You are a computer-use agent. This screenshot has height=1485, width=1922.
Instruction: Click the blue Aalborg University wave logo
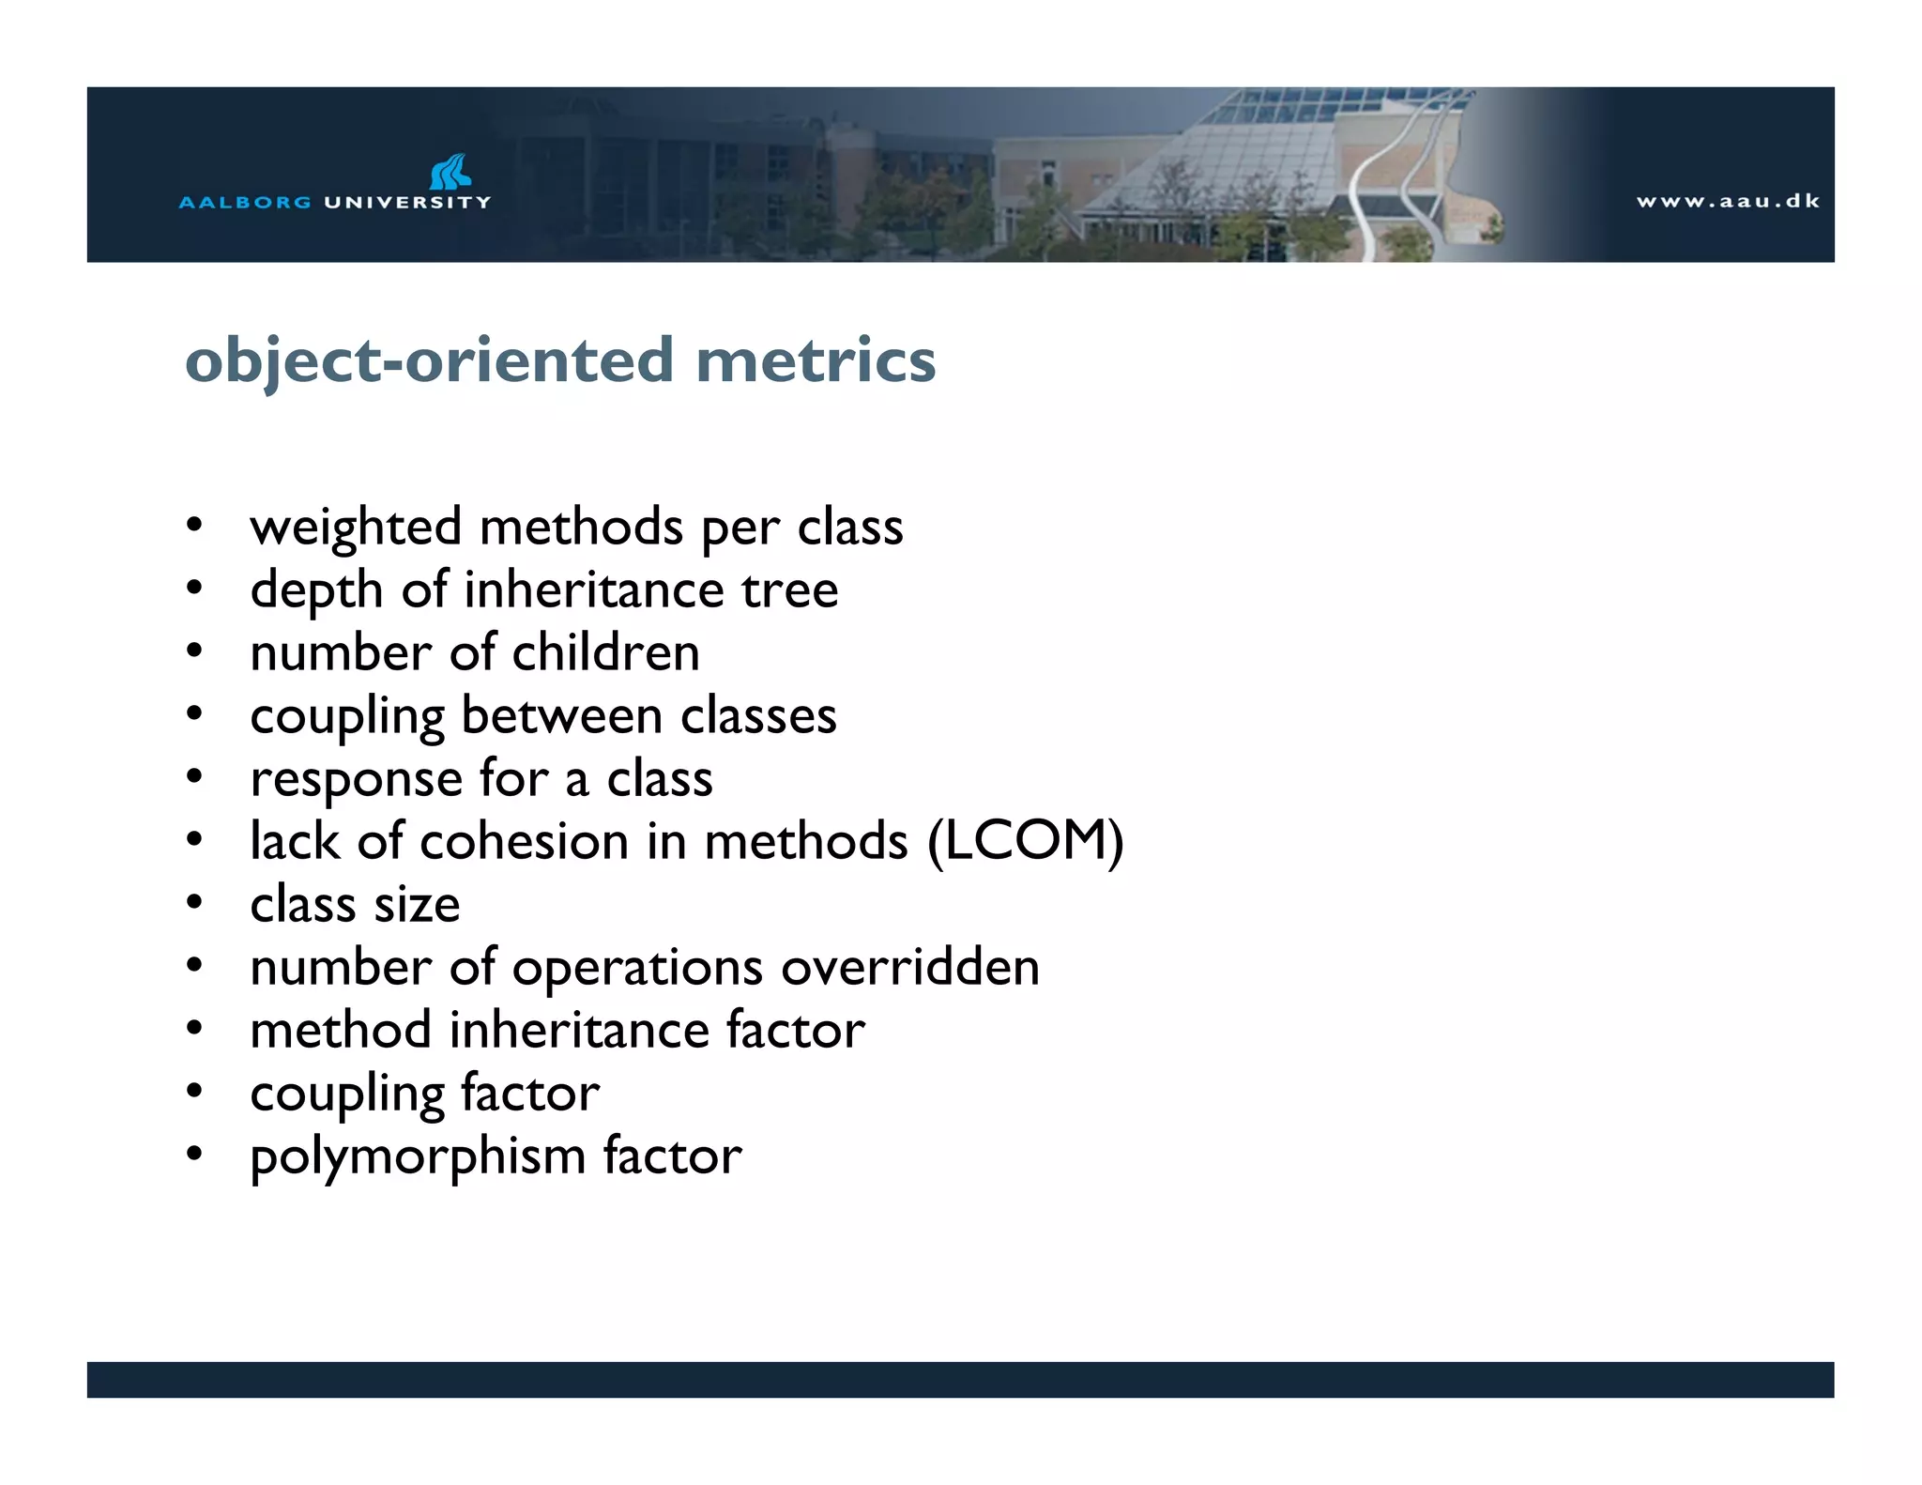(x=450, y=172)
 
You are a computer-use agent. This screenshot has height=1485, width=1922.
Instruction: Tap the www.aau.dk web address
(x=1728, y=201)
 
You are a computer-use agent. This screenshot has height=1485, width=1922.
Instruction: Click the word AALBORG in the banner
(x=244, y=202)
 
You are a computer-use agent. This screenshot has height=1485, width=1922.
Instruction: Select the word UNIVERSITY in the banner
(x=407, y=202)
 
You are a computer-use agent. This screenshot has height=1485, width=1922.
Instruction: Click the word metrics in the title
(x=815, y=360)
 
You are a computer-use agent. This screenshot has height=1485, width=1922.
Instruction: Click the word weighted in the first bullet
(x=355, y=528)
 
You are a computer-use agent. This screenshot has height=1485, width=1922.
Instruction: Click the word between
(x=561, y=715)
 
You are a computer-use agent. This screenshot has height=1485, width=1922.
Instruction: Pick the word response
(x=356, y=779)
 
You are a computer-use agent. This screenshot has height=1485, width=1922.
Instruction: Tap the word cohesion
(x=524, y=841)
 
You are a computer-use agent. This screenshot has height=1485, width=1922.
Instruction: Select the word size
(x=417, y=905)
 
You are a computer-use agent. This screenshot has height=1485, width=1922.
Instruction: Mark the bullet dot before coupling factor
(x=194, y=1092)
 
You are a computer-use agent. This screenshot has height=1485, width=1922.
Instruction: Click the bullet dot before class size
(x=194, y=903)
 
